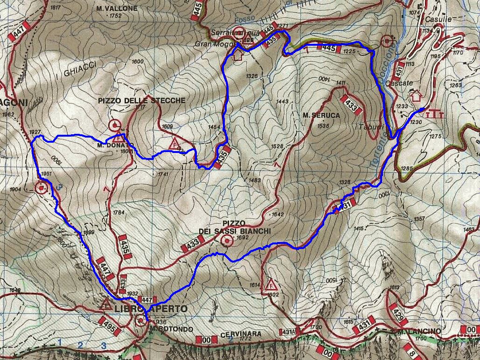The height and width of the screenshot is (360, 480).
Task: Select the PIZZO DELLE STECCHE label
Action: (141, 100)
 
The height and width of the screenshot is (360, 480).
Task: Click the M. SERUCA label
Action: (320, 115)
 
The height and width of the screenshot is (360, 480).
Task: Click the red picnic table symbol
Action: (434, 113)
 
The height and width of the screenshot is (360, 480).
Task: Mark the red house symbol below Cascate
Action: (415, 96)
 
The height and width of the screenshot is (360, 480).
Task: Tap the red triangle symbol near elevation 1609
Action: (174, 143)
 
